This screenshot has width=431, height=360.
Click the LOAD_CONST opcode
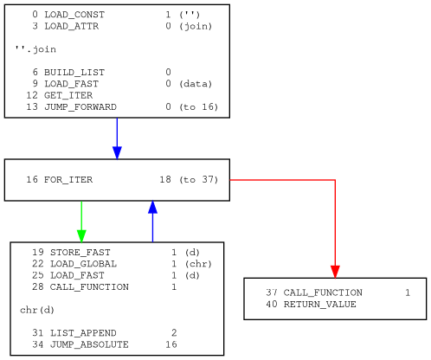click(74, 15)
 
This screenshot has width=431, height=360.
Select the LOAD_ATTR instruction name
click(72, 26)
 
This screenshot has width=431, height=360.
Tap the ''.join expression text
click(35, 49)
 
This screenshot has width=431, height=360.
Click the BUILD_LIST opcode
click(74, 73)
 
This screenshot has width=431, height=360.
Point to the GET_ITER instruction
click(68, 95)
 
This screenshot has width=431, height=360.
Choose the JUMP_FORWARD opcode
click(80, 107)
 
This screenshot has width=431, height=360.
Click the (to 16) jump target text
click(199, 107)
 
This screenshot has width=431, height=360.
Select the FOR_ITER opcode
click(68, 180)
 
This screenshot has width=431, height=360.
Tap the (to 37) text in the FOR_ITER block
click(199, 180)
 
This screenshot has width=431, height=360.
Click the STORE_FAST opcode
click(80, 253)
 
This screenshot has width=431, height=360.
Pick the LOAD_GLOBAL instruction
click(83, 264)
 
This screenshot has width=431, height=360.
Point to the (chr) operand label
click(198, 264)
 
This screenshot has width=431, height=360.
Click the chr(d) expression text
click(37, 310)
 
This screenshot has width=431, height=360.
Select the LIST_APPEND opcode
click(83, 333)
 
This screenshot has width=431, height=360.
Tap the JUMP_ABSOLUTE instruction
click(89, 344)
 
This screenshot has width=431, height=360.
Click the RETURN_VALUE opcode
click(320, 305)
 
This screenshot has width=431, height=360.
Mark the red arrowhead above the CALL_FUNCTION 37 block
click(335, 272)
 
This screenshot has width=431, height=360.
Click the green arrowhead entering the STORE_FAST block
click(81, 236)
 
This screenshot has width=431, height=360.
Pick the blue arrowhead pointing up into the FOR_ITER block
click(152, 207)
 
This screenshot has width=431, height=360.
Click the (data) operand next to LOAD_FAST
click(196, 84)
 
